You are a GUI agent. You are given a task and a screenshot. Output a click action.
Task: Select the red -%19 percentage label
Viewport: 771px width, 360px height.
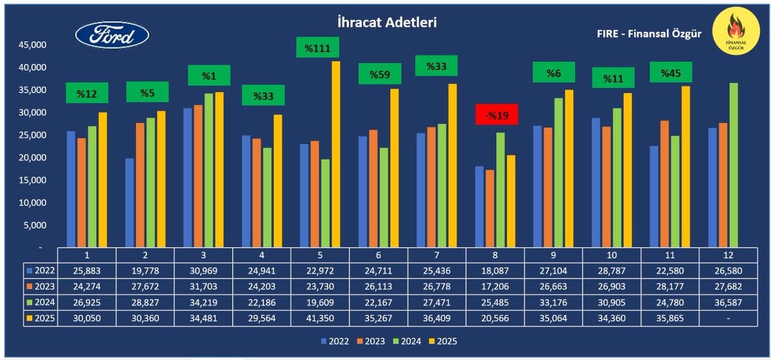pyautogui.click(x=493, y=116)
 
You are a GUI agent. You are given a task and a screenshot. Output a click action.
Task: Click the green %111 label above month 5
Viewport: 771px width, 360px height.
pyautogui.click(x=317, y=47)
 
